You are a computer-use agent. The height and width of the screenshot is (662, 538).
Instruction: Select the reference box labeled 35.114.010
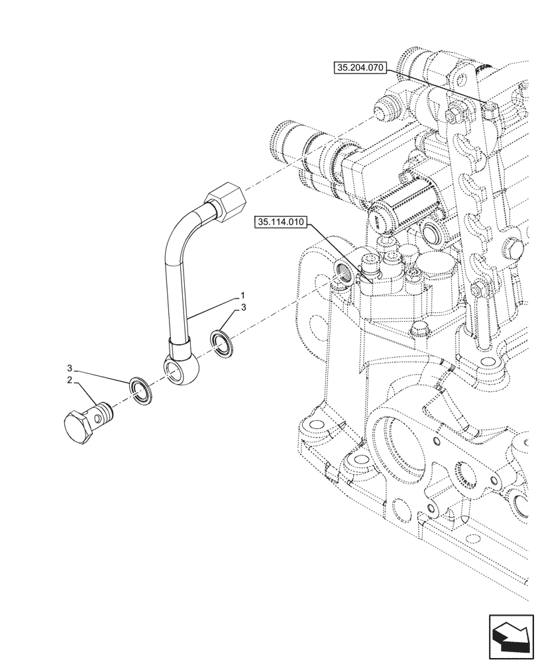click(278, 223)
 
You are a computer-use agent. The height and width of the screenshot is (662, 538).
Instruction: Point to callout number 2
click(68, 380)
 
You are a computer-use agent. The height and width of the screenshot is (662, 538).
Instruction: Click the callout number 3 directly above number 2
click(68, 367)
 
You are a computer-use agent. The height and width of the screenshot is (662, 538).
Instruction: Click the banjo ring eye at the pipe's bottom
click(178, 368)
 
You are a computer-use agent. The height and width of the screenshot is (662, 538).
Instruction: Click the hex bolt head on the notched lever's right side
click(513, 251)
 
